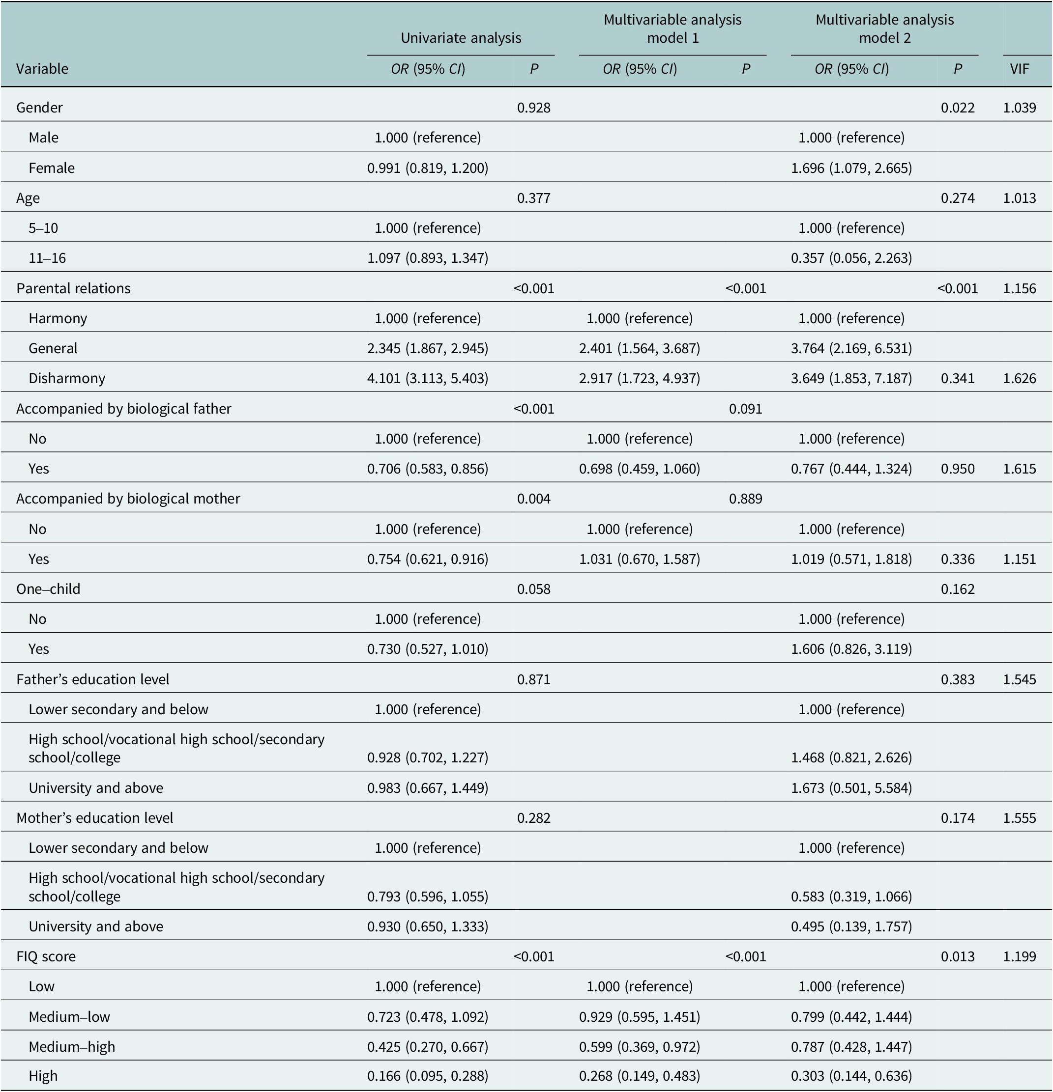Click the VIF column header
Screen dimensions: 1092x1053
click(x=1019, y=69)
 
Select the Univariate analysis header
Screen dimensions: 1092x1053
click(x=461, y=38)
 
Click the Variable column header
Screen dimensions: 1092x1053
click(x=42, y=69)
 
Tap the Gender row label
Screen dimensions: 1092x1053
click(x=40, y=108)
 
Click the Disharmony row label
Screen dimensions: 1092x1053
click(x=67, y=378)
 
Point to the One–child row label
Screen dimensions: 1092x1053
click(x=49, y=589)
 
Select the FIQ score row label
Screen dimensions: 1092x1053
click(x=46, y=956)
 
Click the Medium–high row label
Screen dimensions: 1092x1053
click(x=72, y=1047)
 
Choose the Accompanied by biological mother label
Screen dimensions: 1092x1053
click(x=128, y=499)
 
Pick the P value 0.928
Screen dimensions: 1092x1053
click(x=533, y=108)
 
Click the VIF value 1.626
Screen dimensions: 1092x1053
click(x=1019, y=378)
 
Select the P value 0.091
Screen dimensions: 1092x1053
click(x=745, y=408)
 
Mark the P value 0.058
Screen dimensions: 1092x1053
click(x=533, y=589)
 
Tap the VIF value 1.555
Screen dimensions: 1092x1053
click(x=1019, y=818)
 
